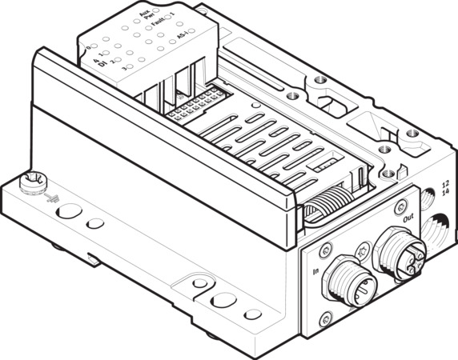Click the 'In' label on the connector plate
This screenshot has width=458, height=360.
tap(315, 272)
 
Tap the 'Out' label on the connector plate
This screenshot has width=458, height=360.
tap(408, 216)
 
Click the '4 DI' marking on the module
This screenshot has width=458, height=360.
tap(99, 62)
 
